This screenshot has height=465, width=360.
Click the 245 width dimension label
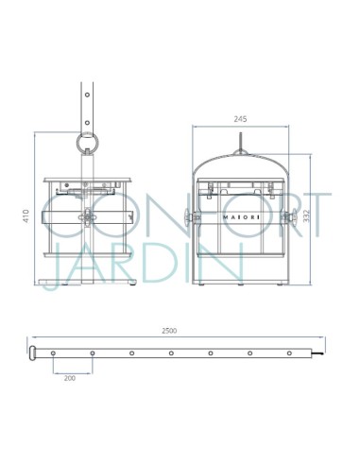click(240, 119)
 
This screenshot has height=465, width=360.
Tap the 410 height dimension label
click(26, 216)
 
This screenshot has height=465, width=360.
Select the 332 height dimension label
click(306, 216)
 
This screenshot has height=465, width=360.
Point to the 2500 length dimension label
click(169, 331)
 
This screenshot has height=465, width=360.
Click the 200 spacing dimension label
click(70, 378)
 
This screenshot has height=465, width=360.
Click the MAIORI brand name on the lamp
click(242, 217)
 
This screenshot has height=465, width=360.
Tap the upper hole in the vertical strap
click(87, 95)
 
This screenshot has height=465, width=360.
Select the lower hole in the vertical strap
click(87, 123)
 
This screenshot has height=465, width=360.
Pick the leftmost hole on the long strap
click(53, 353)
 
